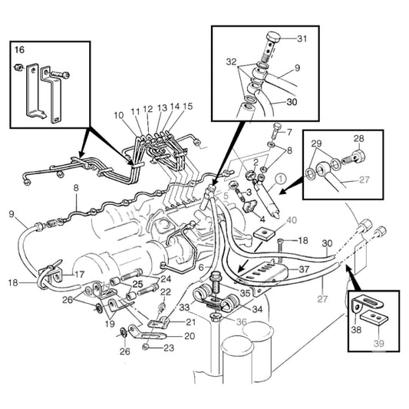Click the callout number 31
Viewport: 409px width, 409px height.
point(302,40)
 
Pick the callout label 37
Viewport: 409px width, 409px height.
point(304,270)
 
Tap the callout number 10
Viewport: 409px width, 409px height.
point(119,115)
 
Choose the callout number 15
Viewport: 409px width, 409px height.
point(188,106)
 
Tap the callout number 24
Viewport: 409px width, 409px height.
point(166,279)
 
